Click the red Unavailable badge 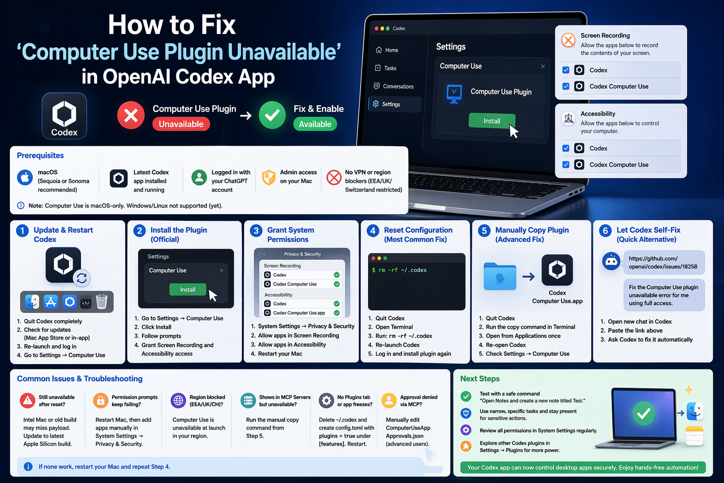tap(181, 124)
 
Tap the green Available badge tap(315, 124)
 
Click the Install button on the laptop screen tap(492, 121)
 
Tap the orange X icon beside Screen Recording tap(568, 41)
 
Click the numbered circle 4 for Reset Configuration tap(373, 231)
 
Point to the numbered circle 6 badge tap(605, 231)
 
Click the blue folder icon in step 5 tap(500, 276)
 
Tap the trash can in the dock tap(101, 301)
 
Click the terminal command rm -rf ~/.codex tap(399, 270)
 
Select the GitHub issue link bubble tap(664, 262)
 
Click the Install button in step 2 tap(188, 289)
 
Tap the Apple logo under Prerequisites tap(25, 178)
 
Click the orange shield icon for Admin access tap(269, 177)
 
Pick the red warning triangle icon tap(27, 400)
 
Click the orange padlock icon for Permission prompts tap(100, 400)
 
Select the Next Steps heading tap(480, 378)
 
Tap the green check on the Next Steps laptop tap(643, 413)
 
